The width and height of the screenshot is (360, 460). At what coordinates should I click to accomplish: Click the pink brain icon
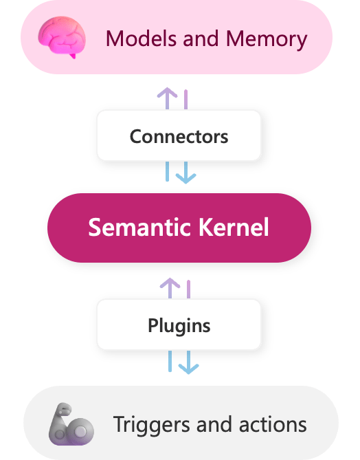(63, 37)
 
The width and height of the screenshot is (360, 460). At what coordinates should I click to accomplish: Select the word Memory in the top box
(270, 39)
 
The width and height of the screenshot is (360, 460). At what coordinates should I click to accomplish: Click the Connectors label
(179, 135)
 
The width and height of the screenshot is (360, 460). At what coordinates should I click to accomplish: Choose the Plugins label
(179, 325)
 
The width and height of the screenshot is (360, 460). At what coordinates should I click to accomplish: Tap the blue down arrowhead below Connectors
(185, 177)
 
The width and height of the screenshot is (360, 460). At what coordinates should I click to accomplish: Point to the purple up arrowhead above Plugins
(170, 283)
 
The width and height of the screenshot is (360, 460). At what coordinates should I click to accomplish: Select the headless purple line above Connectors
(185, 99)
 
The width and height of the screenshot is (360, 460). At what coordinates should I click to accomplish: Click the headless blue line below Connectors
(167, 171)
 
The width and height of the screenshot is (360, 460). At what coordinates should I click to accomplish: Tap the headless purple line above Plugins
(188, 289)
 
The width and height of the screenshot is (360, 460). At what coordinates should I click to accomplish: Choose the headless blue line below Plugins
(170, 361)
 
